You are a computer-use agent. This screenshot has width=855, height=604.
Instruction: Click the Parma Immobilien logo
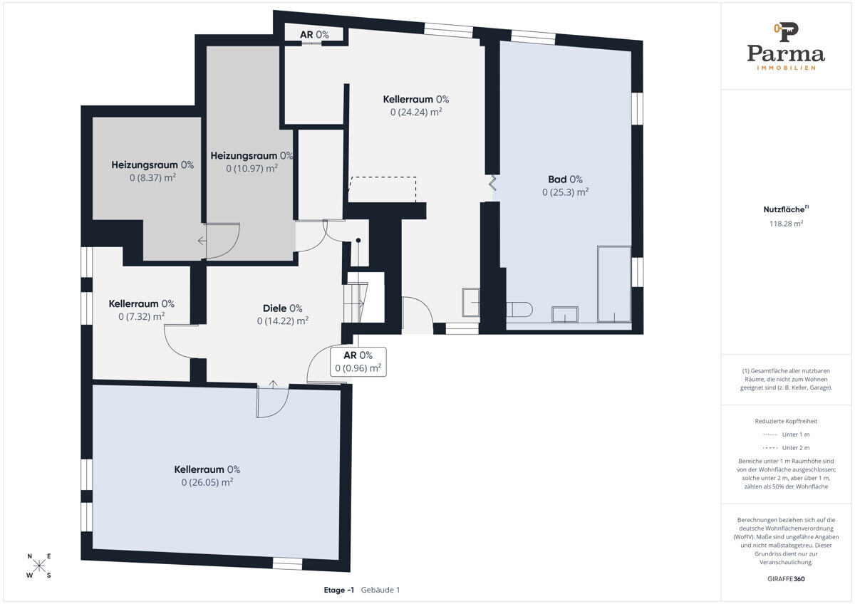coord(786,46)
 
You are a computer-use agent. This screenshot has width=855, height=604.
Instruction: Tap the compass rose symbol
coord(39,566)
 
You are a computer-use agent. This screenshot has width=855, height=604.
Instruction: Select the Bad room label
coord(565,179)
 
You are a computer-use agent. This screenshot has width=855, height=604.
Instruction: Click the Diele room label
coord(282,308)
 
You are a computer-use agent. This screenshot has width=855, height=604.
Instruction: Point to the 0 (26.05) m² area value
coord(207,482)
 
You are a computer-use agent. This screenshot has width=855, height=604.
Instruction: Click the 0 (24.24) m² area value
coord(416,112)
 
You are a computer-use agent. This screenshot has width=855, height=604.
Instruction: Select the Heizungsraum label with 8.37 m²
coord(152,165)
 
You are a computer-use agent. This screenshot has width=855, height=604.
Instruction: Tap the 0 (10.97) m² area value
coord(252,168)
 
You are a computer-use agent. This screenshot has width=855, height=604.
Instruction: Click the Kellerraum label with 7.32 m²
coord(142,303)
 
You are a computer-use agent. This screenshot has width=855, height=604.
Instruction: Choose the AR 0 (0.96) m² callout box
coord(358,362)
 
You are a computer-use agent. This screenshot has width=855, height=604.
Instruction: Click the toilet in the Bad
coord(519,309)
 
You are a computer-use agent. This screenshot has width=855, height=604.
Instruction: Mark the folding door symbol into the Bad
coord(492,183)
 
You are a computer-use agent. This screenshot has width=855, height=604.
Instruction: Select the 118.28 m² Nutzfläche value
coord(786,224)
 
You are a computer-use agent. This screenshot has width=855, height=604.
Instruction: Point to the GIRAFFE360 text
coord(786,579)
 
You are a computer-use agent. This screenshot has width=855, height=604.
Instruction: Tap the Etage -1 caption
coord(339,590)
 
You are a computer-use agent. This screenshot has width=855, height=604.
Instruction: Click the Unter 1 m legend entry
coord(786,434)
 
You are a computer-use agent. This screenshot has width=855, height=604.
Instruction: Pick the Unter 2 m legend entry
coord(786,447)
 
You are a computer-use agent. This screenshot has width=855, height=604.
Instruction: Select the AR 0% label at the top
coord(314,35)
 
